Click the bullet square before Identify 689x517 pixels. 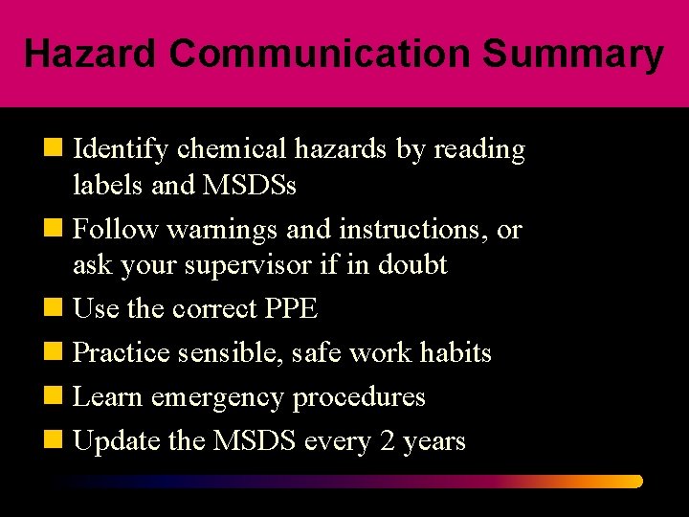(x=59, y=149)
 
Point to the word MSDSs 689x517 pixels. (x=249, y=185)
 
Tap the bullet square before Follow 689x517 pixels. (x=59, y=230)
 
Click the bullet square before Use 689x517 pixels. (x=59, y=309)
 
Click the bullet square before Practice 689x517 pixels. (x=59, y=353)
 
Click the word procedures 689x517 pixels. (x=359, y=397)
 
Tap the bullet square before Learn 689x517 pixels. (x=59, y=397)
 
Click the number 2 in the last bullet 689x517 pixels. (x=386, y=441)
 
